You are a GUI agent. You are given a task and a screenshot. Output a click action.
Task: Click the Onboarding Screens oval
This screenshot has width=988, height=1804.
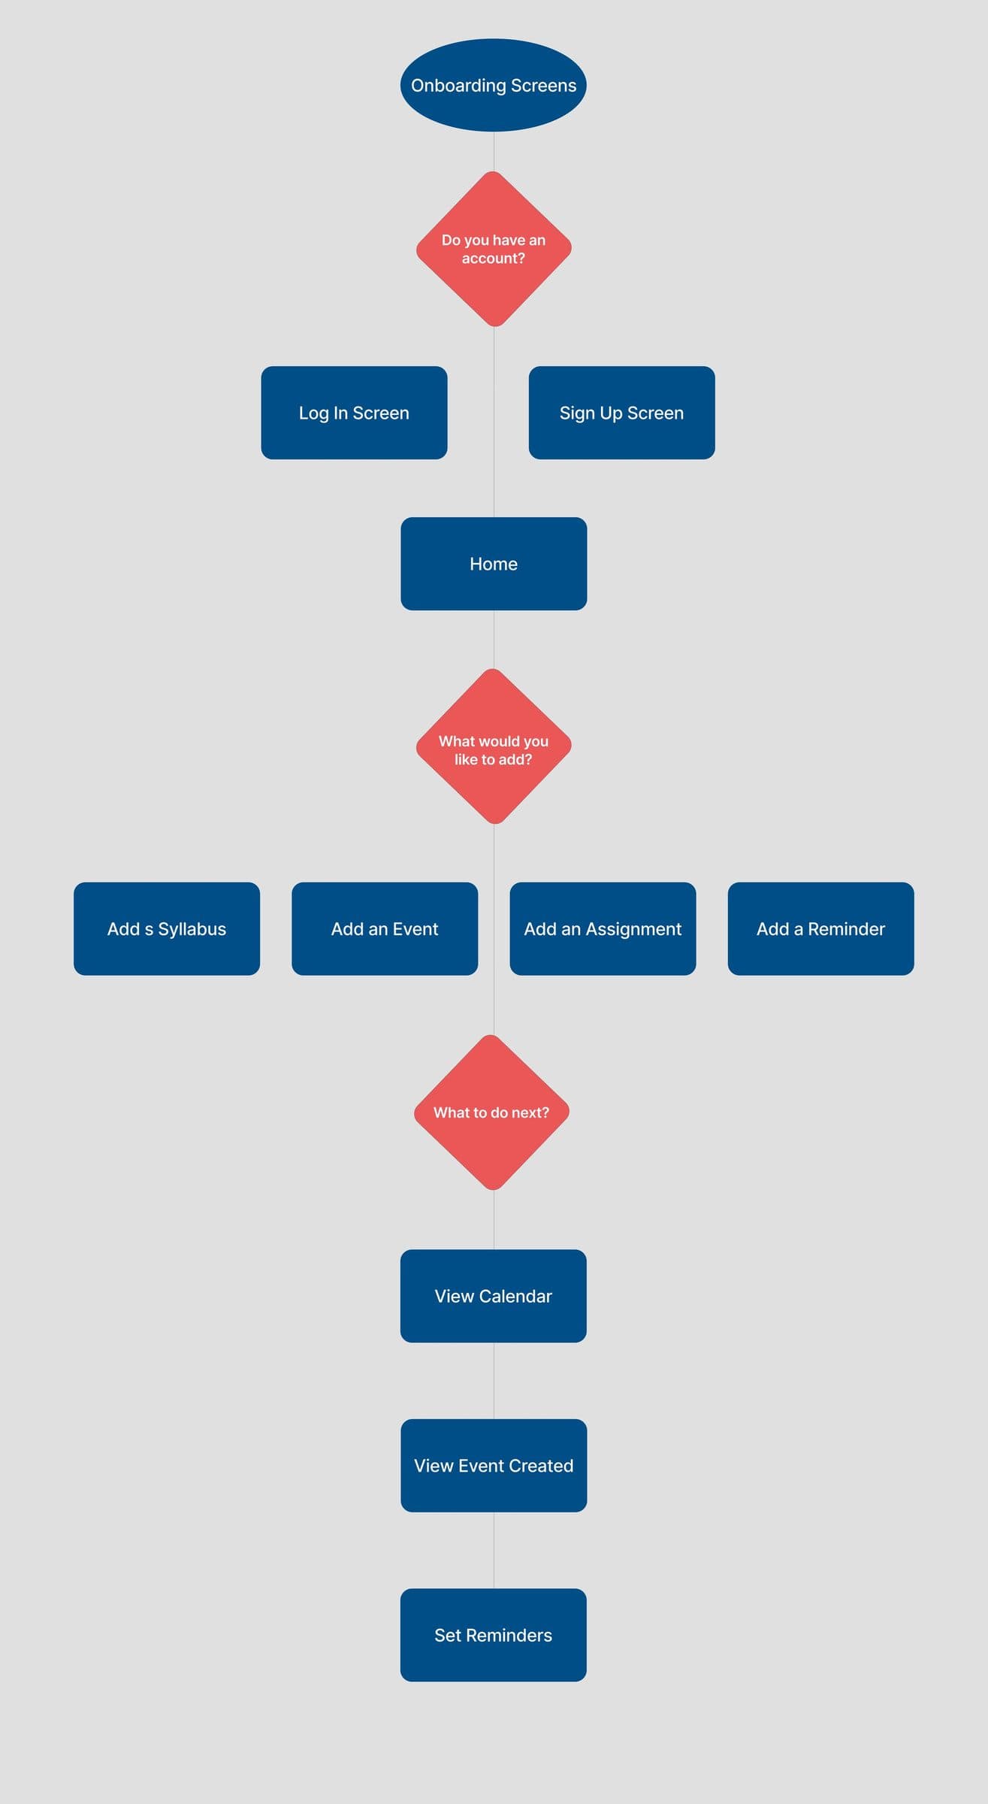tap(493, 85)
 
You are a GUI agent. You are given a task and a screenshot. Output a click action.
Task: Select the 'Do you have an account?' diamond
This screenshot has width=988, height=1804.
tap(494, 249)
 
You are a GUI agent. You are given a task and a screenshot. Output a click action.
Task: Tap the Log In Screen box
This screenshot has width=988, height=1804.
tap(354, 413)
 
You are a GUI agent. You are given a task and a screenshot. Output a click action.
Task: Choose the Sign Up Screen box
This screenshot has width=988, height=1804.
tap(621, 413)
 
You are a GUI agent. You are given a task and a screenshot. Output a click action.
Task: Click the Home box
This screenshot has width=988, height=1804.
tap(494, 564)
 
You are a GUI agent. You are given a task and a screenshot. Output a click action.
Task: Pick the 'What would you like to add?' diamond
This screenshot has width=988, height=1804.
tap(494, 746)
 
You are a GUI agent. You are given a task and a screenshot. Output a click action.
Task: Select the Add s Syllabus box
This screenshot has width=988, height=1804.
tap(167, 929)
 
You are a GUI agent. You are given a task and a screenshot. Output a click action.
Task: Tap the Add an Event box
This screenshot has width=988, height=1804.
tap(385, 929)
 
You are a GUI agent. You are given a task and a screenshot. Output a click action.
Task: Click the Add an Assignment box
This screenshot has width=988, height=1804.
tap(603, 929)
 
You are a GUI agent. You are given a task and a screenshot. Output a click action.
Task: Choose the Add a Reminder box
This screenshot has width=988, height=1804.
tap(820, 929)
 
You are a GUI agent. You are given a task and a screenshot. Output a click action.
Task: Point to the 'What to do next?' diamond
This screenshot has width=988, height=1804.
tap(491, 1112)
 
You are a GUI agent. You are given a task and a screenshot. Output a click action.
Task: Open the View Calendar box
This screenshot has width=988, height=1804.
tap(493, 1296)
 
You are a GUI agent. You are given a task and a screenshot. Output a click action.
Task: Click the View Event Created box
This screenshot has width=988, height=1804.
tap(494, 1466)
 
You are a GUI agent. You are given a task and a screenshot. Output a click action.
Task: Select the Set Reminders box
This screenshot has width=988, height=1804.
tap(493, 1635)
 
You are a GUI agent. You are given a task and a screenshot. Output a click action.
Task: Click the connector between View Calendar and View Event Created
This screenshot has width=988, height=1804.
tap(494, 1381)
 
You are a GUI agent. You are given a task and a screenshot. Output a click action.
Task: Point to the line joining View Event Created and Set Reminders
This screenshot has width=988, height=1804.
tap(494, 1550)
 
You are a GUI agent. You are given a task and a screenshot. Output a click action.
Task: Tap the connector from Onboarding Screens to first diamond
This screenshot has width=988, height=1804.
tap(494, 152)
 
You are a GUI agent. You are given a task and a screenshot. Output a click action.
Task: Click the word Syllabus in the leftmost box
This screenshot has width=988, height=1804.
tap(192, 930)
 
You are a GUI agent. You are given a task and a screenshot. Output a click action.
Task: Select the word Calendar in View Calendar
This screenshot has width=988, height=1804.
tap(515, 1296)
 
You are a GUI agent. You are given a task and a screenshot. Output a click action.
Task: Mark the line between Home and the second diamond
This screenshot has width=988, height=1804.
tap(494, 639)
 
